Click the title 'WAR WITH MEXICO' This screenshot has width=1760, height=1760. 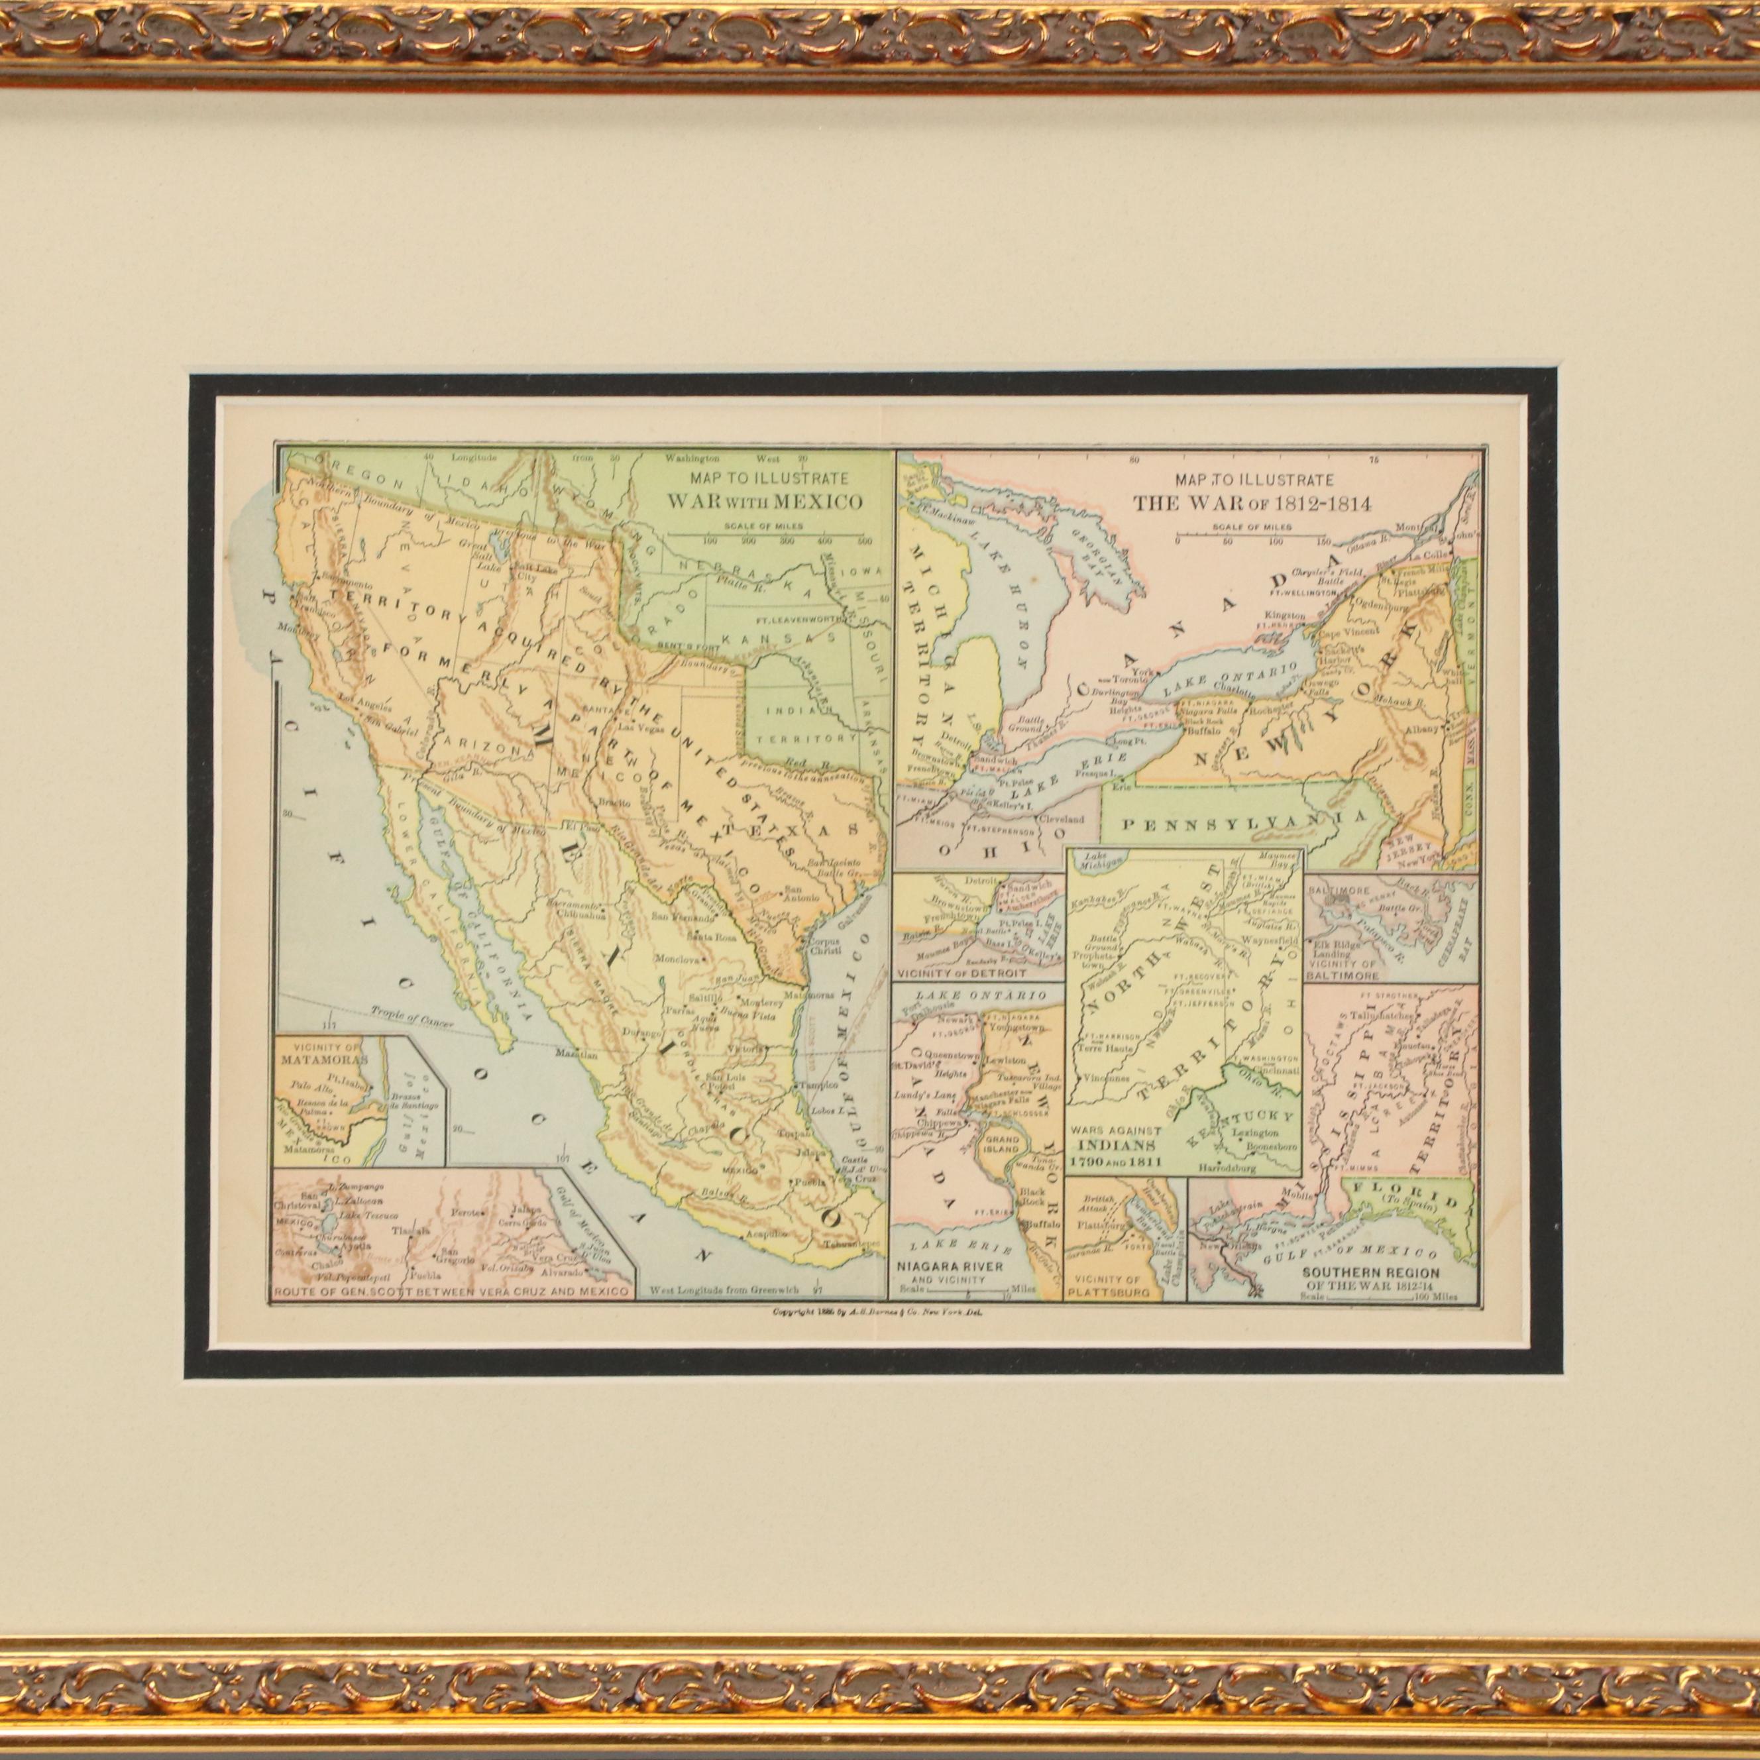pos(765,501)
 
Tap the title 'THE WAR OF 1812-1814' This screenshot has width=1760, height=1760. pos(1252,504)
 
